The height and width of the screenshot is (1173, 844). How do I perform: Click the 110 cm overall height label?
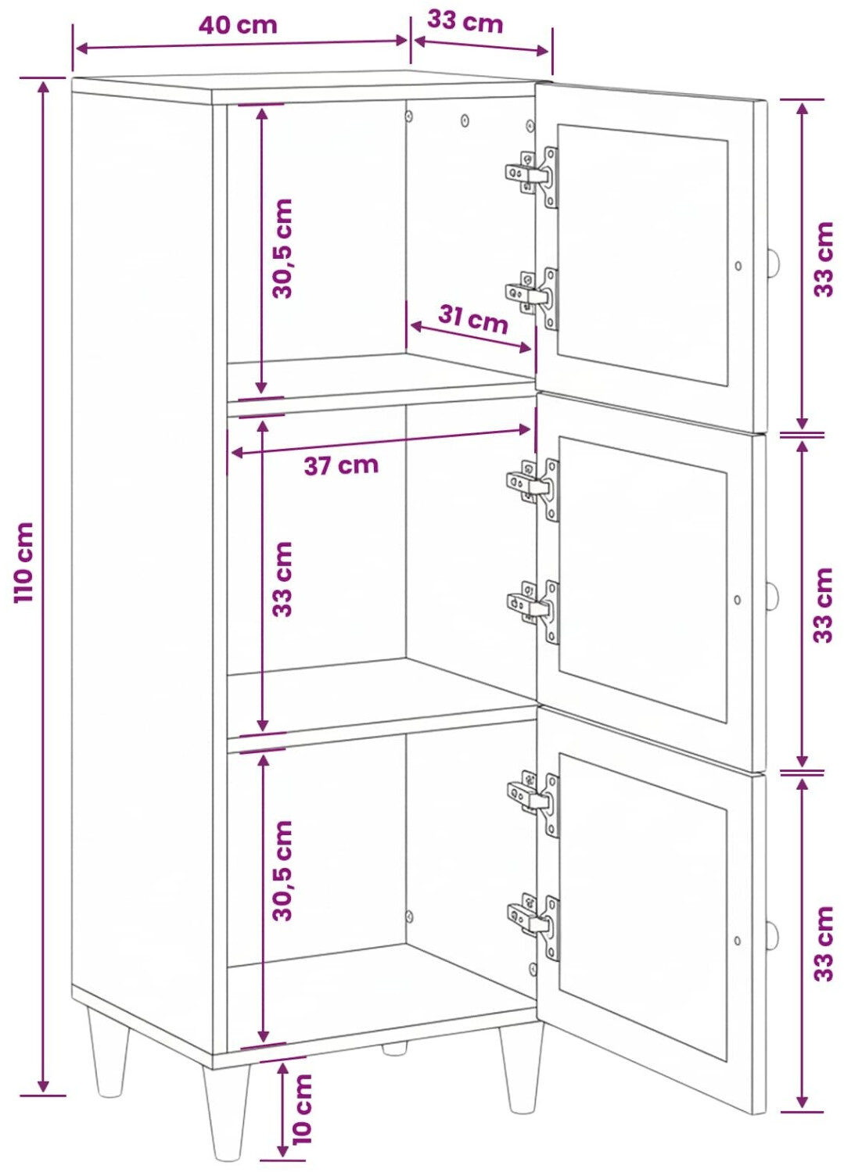(x=23, y=561)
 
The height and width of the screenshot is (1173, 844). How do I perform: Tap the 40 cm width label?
(x=238, y=24)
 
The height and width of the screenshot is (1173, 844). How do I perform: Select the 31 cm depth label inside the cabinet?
(x=473, y=319)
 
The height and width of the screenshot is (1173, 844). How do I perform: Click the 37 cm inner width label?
(x=341, y=465)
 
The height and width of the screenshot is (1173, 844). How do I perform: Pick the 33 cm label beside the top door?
(x=823, y=259)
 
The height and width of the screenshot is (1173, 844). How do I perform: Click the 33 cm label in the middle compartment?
(x=282, y=579)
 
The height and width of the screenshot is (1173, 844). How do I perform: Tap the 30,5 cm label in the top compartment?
(x=282, y=248)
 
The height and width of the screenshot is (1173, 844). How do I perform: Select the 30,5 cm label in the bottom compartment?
(x=282, y=870)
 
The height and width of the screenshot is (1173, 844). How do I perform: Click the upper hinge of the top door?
(x=532, y=176)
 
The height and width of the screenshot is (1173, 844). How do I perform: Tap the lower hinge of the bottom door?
(x=534, y=927)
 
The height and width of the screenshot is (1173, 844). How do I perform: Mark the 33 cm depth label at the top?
(x=465, y=23)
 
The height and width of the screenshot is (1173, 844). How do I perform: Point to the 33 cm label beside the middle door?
(x=823, y=604)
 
